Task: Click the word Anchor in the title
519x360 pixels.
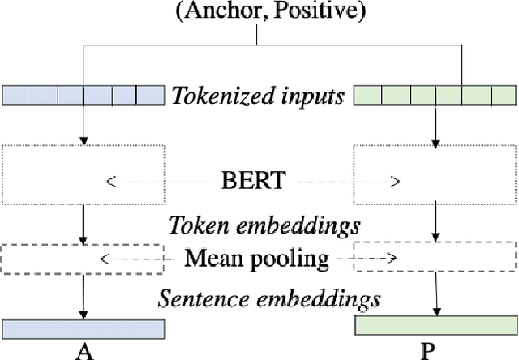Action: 224,12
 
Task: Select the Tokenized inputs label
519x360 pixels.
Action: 258,96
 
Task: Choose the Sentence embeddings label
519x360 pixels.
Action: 268,298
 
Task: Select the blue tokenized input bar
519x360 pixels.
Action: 83,96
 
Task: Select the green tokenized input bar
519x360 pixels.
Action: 435,96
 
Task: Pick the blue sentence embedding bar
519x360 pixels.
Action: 83,328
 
